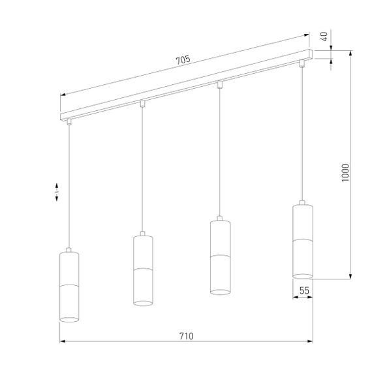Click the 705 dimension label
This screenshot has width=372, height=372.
183,60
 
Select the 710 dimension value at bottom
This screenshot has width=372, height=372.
185,336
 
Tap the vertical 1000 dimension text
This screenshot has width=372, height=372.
346,175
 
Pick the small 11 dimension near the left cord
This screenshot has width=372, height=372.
57,191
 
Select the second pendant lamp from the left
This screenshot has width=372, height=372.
143,269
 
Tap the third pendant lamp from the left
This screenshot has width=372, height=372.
220,257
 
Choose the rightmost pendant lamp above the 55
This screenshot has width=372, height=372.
302,240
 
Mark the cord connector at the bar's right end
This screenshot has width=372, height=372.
302,63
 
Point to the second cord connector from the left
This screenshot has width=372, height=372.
142,103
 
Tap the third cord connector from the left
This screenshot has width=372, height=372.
219,84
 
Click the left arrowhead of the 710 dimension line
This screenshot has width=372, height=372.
63,341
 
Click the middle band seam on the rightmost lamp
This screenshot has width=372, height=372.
302,240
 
